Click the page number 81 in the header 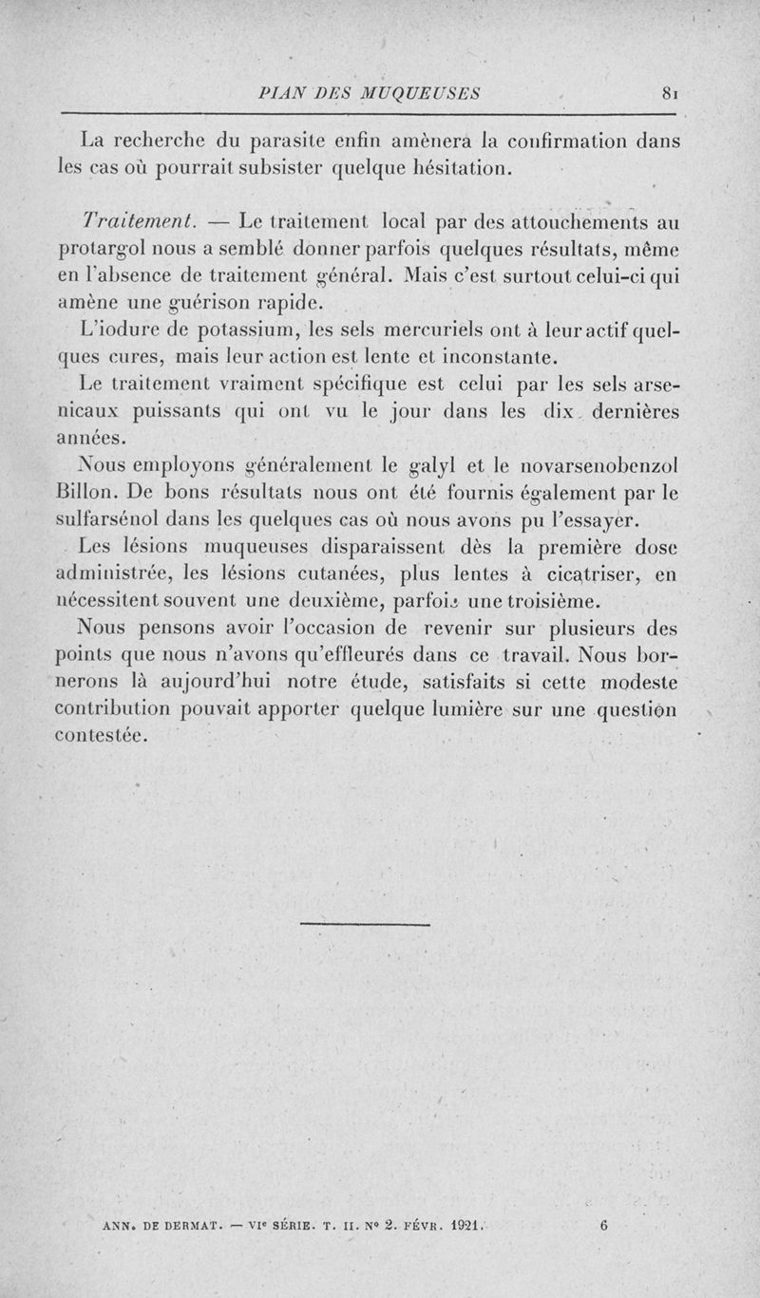669,93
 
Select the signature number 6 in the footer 604,1225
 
